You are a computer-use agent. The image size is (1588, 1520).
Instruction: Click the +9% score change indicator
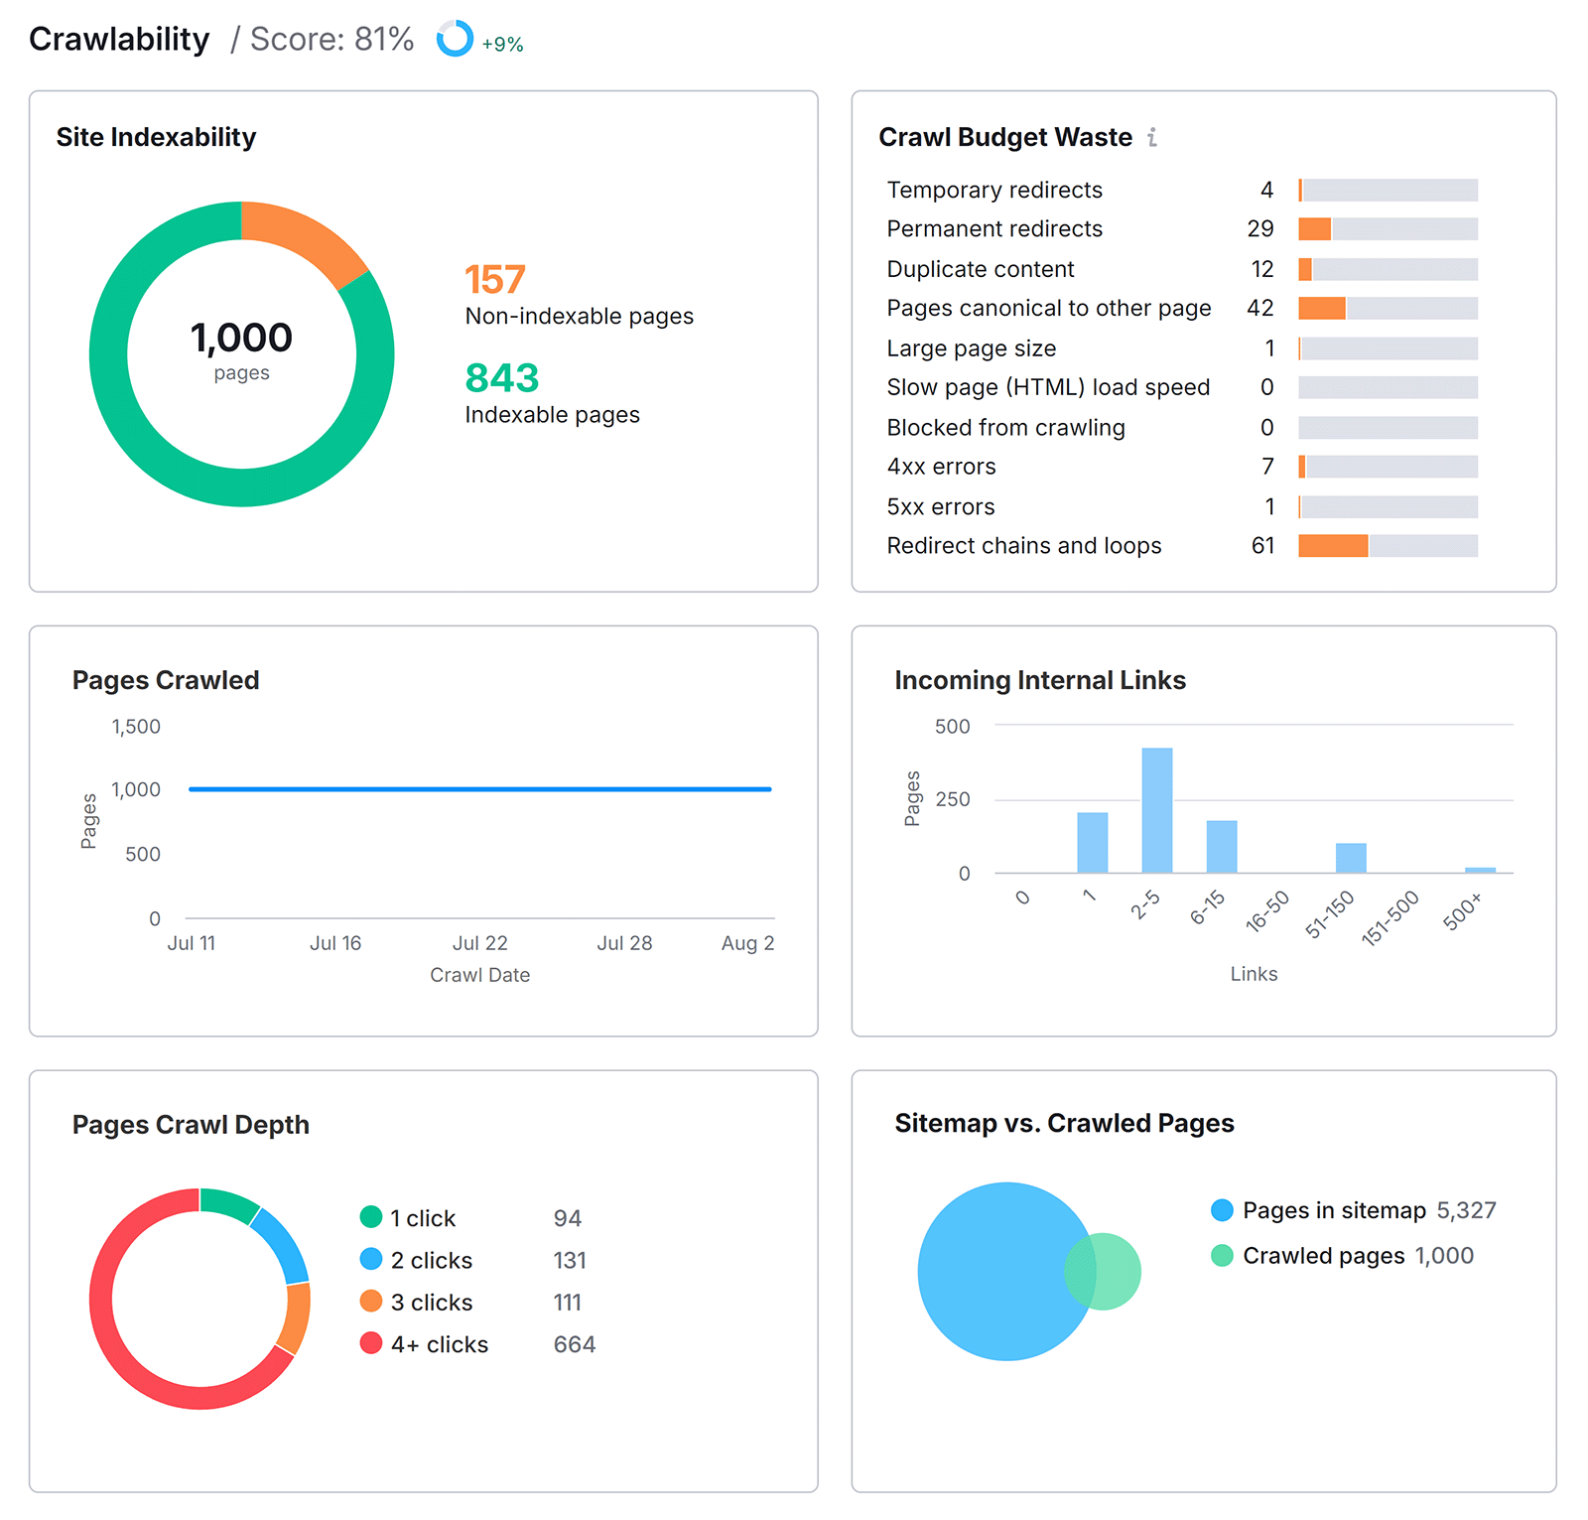coord(502,44)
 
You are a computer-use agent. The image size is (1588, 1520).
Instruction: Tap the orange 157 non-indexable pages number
coord(494,280)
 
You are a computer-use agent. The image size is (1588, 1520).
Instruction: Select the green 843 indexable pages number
coord(501,378)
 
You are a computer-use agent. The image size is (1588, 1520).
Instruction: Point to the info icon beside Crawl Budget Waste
coord(1152,137)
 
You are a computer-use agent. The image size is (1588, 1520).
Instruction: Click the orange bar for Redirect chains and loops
coord(1332,546)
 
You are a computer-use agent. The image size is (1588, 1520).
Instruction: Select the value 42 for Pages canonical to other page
coord(1259,309)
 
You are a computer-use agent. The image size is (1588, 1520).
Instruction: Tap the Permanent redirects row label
coord(993,229)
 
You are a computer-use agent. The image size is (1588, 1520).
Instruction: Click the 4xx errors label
coord(940,467)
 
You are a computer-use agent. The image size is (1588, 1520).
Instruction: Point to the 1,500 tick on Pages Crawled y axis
coord(136,727)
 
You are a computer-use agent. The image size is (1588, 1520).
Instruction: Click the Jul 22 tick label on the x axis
coord(479,943)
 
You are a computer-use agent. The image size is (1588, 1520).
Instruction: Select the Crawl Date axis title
coord(479,975)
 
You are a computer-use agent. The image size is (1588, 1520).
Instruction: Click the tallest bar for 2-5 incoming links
coord(1156,809)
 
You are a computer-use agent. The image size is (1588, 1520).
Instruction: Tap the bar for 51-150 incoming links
coord(1350,858)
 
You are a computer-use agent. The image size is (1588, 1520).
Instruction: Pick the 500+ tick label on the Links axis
coord(1462,910)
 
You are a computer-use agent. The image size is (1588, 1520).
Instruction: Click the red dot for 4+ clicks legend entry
coord(371,1343)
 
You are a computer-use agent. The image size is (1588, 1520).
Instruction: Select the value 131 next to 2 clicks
coord(570,1261)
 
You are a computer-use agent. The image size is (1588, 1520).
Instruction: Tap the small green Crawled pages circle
coord(1118,1272)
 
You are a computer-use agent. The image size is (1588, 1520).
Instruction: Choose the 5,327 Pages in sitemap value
coord(1466,1211)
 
